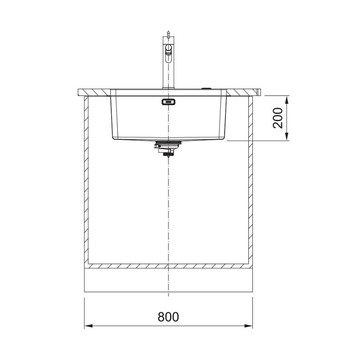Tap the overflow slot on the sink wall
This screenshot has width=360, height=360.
point(168,102)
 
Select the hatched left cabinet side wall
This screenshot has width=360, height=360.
point(86,180)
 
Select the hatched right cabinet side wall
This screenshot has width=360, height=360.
point(251,180)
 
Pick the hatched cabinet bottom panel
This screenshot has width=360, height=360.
point(168,266)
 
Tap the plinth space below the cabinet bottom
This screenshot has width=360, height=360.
point(168,280)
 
